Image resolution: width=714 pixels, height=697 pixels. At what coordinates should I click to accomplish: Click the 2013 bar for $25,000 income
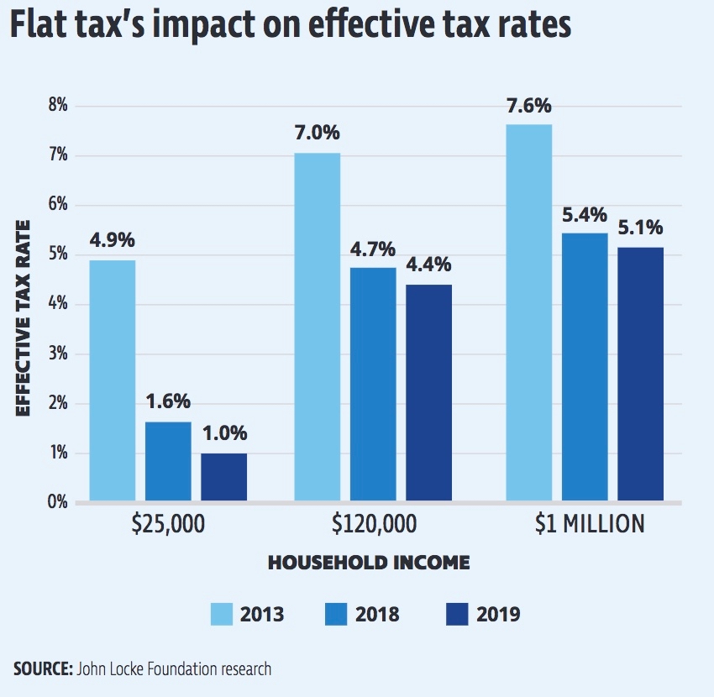pyautogui.click(x=112, y=381)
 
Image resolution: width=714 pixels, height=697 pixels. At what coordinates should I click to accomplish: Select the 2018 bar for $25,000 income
pyautogui.click(x=168, y=462)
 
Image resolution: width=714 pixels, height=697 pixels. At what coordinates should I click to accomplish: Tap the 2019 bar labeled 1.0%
pyautogui.click(x=223, y=478)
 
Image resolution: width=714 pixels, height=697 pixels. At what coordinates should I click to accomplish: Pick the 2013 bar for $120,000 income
pyautogui.click(x=317, y=328)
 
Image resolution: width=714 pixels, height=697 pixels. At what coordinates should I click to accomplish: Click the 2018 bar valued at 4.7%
pyautogui.click(x=373, y=385)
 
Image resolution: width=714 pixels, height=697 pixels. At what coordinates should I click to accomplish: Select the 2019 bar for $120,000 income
pyautogui.click(x=428, y=393)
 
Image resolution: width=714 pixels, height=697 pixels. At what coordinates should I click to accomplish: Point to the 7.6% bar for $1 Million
pyautogui.click(x=529, y=313)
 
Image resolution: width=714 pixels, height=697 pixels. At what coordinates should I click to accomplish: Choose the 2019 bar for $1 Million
pyautogui.click(x=641, y=375)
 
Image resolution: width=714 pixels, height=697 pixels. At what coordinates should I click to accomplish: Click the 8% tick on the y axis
pyautogui.click(x=57, y=106)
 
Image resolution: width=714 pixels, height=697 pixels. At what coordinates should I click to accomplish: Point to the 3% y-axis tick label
pyautogui.click(x=57, y=354)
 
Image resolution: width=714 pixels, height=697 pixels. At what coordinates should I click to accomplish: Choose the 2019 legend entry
pyautogui.click(x=484, y=615)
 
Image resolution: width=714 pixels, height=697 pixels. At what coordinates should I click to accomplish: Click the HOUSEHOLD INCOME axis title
pyautogui.click(x=369, y=563)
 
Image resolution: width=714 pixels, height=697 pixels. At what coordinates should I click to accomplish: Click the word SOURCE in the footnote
pyautogui.click(x=42, y=669)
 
